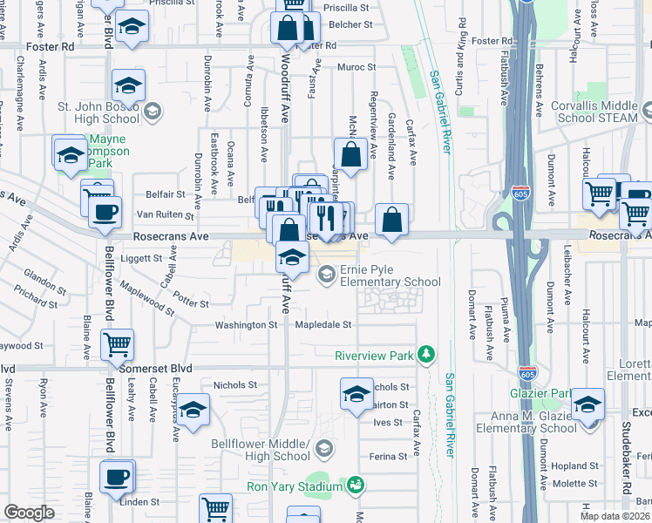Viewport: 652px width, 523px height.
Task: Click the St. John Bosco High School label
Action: (x=98, y=112)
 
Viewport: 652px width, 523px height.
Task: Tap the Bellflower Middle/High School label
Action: (x=261, y=450)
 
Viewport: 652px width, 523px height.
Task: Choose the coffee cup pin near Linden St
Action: (x=117, y=478)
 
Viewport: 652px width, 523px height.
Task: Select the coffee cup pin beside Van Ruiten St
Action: (x=105, y=211)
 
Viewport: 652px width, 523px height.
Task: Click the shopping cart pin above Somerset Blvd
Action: (x=117, y=343)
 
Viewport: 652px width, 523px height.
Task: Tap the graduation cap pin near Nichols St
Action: (x=356, y=395)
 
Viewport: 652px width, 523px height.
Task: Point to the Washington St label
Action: (x=247, y=324)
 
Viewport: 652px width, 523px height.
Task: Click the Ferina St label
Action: (x=390, y=456)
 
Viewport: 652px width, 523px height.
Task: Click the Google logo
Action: (x=29, y=513)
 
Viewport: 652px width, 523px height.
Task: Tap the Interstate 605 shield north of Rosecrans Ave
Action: (x=520, y=194)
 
